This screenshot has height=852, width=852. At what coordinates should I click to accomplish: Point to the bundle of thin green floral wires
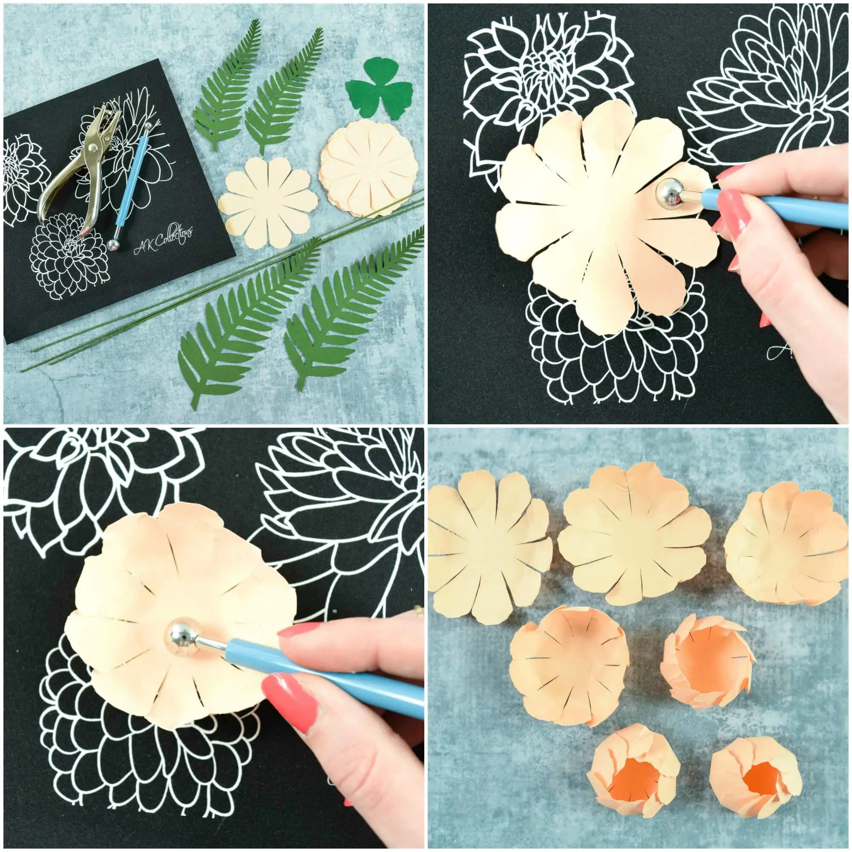point(221,282)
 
